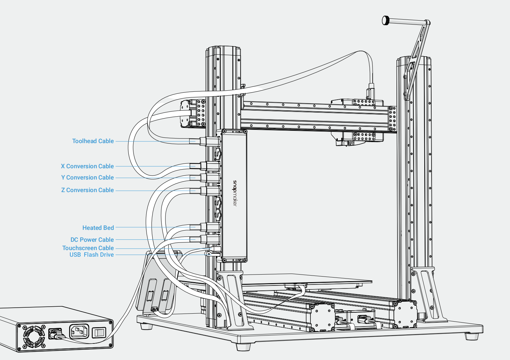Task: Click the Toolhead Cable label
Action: pos(93,141)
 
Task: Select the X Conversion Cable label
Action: pos(87,166)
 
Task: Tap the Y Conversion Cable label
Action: pos(87,178)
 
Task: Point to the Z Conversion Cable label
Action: pos(87,190)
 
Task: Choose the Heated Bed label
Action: pos(98,228)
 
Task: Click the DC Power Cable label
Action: pos(92,240)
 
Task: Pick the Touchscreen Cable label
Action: pos(88,248)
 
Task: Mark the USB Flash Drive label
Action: pos(91,255)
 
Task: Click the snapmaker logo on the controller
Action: pos(235,193)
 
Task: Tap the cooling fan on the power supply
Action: pos(34,336)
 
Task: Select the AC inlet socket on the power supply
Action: pos(79,332)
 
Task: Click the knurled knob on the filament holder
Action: pos(386,21)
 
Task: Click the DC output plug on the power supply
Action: pos(55,334)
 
